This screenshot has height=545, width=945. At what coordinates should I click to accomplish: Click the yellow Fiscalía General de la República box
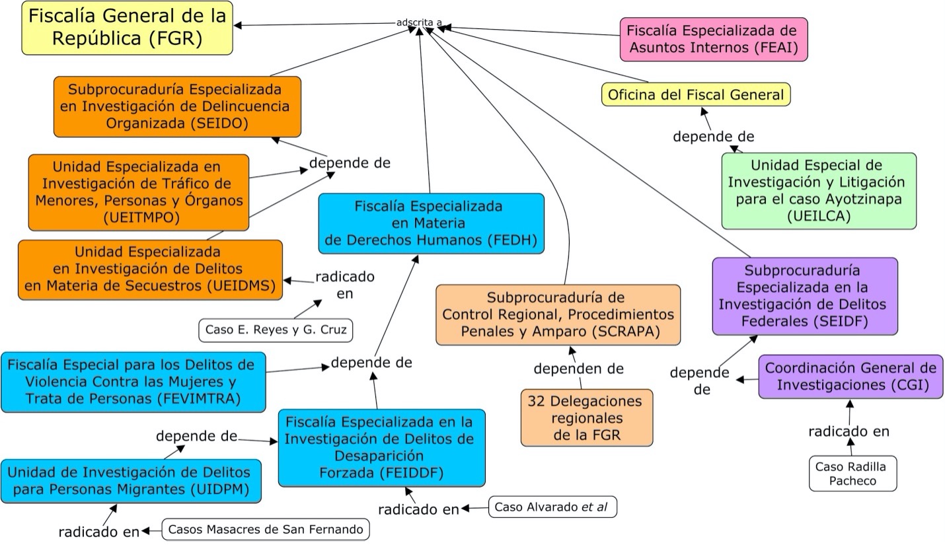127,28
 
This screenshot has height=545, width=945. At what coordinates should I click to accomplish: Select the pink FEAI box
713,39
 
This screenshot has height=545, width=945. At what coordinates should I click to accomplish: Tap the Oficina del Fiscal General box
696,94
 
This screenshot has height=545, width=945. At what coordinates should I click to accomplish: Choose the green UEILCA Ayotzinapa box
819,191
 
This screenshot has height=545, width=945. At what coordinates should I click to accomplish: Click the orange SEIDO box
177,106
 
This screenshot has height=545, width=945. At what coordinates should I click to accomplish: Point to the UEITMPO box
139,192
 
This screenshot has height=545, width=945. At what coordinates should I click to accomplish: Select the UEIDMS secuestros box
150,270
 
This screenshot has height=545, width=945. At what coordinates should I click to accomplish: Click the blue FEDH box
431,223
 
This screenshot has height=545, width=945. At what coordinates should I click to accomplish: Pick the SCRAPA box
558,314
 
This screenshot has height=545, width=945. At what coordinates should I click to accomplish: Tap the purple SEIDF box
804,296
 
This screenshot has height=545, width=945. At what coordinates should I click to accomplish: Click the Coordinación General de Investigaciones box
850,377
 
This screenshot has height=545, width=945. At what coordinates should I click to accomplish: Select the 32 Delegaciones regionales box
586,418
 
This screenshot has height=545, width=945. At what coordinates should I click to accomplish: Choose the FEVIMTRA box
133,382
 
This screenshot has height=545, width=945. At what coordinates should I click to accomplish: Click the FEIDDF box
381,447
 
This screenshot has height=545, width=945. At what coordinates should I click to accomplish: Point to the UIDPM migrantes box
131,481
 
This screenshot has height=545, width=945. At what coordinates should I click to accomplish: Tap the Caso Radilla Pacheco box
852,474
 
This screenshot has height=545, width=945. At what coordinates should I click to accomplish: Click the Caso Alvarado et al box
552,507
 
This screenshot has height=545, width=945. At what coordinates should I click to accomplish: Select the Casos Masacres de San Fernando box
266,529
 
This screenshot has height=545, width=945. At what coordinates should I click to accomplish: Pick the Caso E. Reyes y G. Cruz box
276,330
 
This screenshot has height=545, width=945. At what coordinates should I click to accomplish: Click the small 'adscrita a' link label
419,22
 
